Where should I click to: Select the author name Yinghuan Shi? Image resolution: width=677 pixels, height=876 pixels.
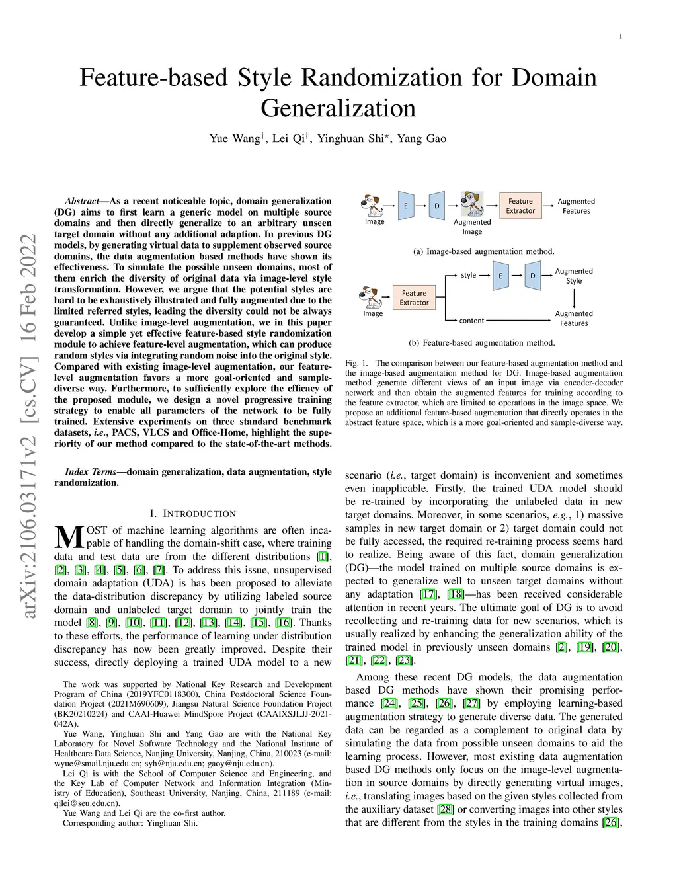pos(350,139)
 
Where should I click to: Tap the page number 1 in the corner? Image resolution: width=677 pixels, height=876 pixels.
pos(621,36)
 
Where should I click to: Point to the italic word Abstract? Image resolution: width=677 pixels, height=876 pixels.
pos(82,201)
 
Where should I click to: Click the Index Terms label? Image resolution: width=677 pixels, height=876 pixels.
pos(91,471)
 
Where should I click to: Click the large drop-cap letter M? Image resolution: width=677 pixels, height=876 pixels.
pos(69,537)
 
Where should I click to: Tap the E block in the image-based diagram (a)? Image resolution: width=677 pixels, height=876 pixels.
pos(406,206)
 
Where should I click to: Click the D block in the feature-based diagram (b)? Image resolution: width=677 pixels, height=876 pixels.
pos(532,276)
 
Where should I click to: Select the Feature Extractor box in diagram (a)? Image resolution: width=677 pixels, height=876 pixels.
pos(520,206)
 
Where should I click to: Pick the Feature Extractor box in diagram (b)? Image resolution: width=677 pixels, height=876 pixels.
pos(414,298)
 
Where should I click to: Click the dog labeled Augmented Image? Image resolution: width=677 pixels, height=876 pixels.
pos(472,204)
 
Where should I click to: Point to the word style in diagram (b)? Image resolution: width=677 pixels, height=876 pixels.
pos(468,275)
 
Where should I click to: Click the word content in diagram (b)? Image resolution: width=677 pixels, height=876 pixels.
pos(471,321)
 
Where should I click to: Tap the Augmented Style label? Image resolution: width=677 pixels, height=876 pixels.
pos(574,276)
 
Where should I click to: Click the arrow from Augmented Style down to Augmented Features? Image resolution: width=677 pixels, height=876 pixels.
pos(574,298)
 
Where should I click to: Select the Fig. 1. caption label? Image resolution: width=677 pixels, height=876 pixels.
pos(356,363)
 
